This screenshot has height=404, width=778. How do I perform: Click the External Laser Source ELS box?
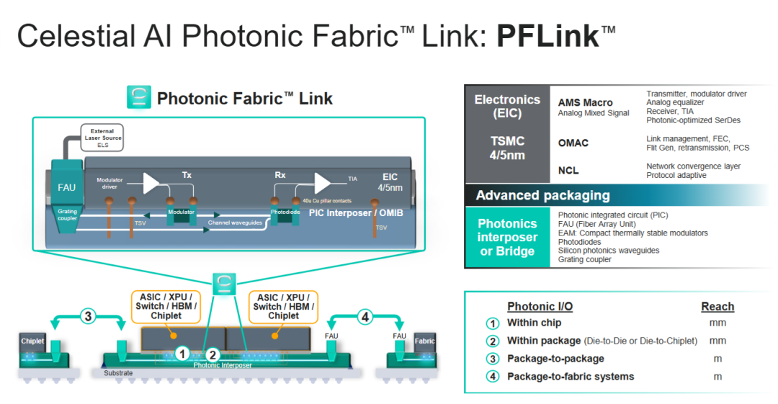click(x=102, y=138)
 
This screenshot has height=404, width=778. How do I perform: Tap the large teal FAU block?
click(x=66, y=182)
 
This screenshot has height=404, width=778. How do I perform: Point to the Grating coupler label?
click(x=67, y=215)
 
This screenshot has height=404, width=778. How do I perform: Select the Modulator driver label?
click(x=109, y=183)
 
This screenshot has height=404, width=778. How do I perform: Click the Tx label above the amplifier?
click(x=187, y=175)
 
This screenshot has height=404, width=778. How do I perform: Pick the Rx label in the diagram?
click(x=280, y=175)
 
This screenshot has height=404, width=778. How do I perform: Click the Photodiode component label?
click(x=285, y=212)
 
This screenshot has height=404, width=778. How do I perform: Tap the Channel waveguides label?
click(x=235, y=223)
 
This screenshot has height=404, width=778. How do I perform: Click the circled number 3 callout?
click(x=88, y=316)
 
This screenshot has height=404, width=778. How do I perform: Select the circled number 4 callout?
click(x=365, y=316)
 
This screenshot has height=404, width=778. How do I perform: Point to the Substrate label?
click(x=118, y=373)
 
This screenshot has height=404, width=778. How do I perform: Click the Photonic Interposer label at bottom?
click(x=223, y=365)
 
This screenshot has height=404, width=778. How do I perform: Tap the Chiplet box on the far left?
click(x=32, y=341)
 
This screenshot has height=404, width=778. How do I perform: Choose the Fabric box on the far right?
click(x=425, y=341)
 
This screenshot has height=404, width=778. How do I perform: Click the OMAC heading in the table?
click(x=573, y=143)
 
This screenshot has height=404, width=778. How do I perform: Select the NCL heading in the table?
click(x=568, y=171)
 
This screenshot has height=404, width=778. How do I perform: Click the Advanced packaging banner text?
click(x=543, y=196)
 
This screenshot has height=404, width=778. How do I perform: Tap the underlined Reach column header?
click(x=717, y=307)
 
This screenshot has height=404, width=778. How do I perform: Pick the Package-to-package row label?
click(x=555, y=359)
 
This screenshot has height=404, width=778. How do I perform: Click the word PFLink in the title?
click(x=548, y=36)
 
